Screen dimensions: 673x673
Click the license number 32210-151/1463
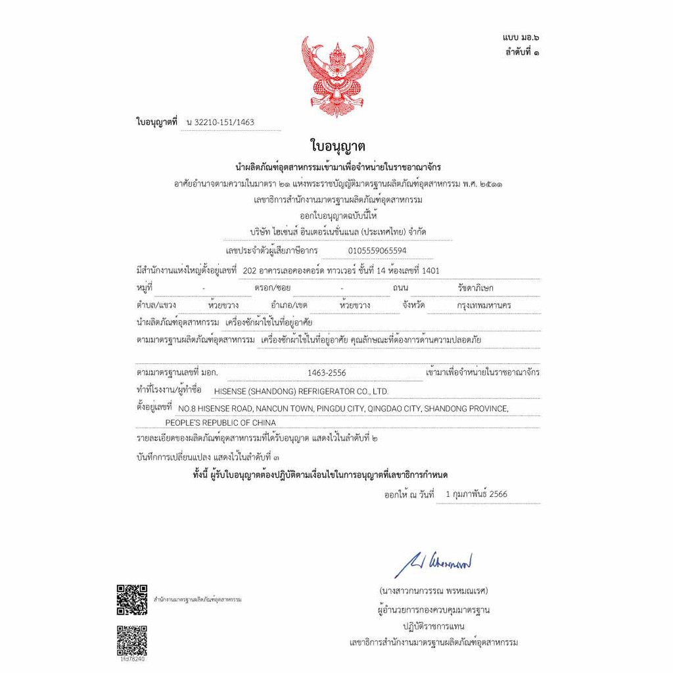pos(220,122)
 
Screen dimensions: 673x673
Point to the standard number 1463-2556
pos(327,373)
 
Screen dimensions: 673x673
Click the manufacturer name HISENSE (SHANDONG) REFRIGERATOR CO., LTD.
pos(301,391)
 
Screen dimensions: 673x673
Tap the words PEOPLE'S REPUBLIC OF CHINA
pos(221,423)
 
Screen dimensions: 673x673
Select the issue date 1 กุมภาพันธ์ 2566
pos(476,494)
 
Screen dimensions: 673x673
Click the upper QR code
pos(131,599)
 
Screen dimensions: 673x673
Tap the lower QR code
pos(131,640)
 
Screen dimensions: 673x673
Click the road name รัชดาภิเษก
pos(475,288)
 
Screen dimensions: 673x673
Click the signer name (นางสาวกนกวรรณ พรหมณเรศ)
pos(433,590)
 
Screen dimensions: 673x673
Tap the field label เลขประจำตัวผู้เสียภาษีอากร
pos(271,250)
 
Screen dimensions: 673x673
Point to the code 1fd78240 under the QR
pos(131,659)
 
